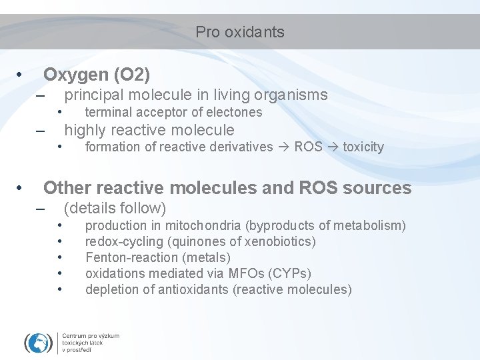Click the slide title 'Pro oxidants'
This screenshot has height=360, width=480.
(240, 32)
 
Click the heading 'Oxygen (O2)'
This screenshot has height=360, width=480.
(97, 73)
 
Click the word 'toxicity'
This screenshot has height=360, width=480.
(363, 147)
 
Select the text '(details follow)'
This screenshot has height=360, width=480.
(115, 208)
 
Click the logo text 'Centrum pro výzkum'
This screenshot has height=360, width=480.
(91, 336)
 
